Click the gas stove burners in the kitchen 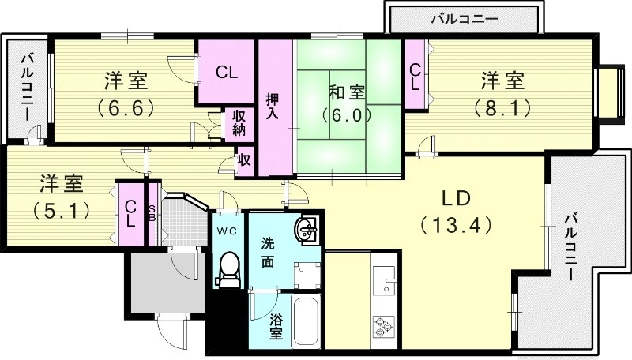coord(383,326)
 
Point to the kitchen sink coord(384,281)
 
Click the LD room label coord(456,198)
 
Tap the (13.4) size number coord(456,225)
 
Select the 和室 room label coord(347,92)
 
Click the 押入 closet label coord(273,107)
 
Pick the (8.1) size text coord(502,107)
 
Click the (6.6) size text coord(126,107)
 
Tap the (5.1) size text coord(62,210)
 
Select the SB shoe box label coord(152,213)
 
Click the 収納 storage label coord(239,123)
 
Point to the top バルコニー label coord(465,19)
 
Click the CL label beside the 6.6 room coord(227,73)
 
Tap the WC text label coord(227,231)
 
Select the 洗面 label coord(267,253)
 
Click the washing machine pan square coord(307,276)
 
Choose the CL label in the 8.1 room coord(415,77)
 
